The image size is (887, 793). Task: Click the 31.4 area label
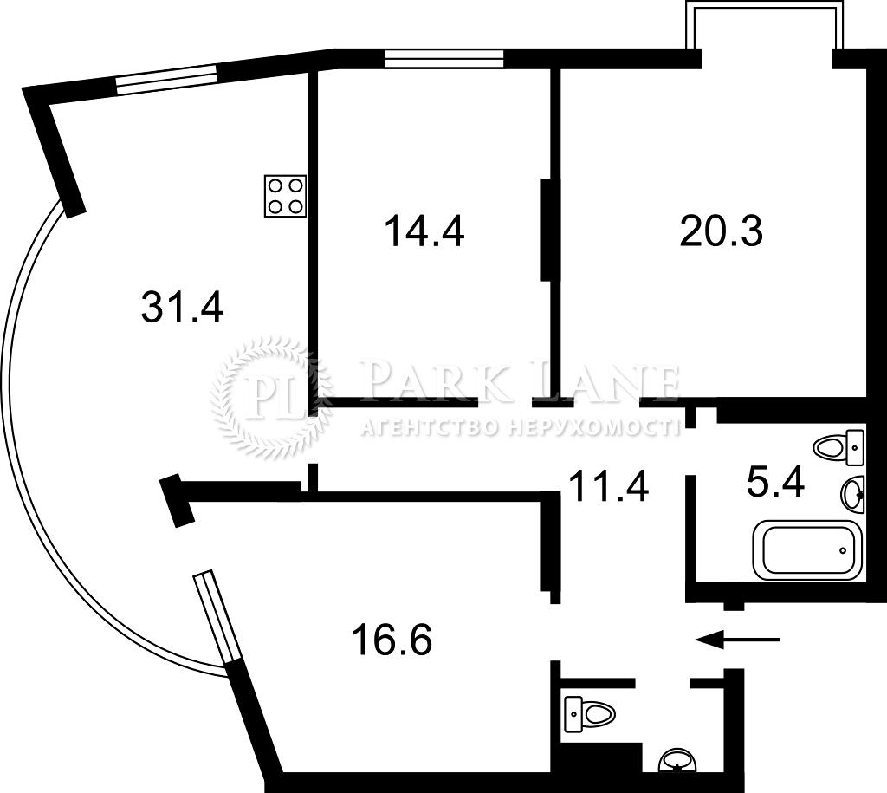(182, 306)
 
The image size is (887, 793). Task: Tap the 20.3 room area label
(722, 231)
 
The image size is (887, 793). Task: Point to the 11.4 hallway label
(608, 485)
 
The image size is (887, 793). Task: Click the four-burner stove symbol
(285, 196)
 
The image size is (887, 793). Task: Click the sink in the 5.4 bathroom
(853, 494)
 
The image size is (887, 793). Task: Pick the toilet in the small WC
(589, 712)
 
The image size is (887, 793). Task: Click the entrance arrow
(738, 639)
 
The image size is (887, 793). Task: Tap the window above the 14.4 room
(444, 58)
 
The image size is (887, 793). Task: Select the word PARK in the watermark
(425, 381)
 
